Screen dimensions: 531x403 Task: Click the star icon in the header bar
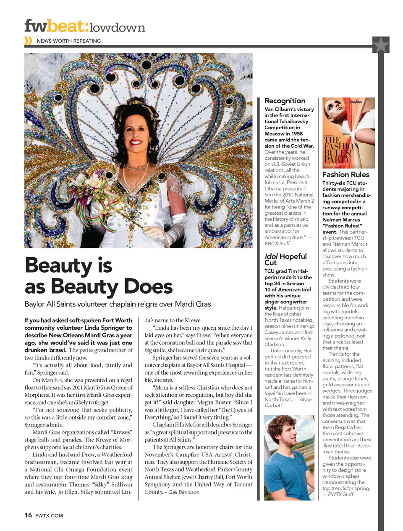click(x=381, y=44)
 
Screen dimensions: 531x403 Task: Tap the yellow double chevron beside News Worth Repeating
click(x=28, y=41)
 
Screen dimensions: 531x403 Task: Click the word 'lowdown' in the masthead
click(x=118, y=28)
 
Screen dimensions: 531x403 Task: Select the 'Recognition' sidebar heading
click(x=285, y=101)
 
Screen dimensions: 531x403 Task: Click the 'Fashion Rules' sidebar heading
click(x=345, y=174)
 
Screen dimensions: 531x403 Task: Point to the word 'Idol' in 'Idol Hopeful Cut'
click(x=271, y=256)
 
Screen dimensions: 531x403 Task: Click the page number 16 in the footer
click(x=28, y=515)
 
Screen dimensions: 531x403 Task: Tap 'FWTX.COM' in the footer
click(x=49, y=515)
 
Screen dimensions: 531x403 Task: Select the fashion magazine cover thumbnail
click(x=343, y=133)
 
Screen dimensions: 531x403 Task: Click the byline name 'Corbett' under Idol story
click(x=273, y=406)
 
